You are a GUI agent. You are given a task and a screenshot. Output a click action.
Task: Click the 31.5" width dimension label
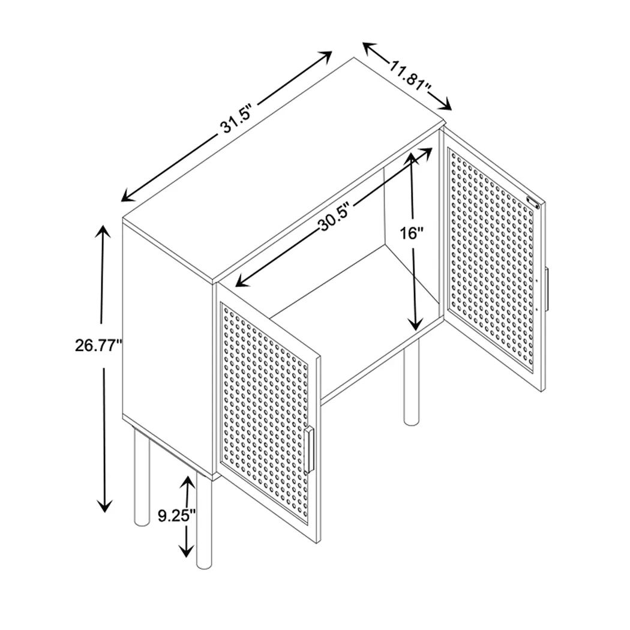tap(237, 124)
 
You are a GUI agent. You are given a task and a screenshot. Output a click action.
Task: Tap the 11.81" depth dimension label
tap(410, 76)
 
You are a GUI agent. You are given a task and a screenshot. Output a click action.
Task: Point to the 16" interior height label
tap(413, 233)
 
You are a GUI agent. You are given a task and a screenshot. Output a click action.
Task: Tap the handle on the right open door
tap(547, 289)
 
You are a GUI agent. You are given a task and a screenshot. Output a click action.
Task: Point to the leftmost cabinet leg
tap(142, 480)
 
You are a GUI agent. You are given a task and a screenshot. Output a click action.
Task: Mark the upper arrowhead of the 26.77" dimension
tap(103, 230)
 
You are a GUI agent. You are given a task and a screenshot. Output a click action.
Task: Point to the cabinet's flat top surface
tap(282, 174)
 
